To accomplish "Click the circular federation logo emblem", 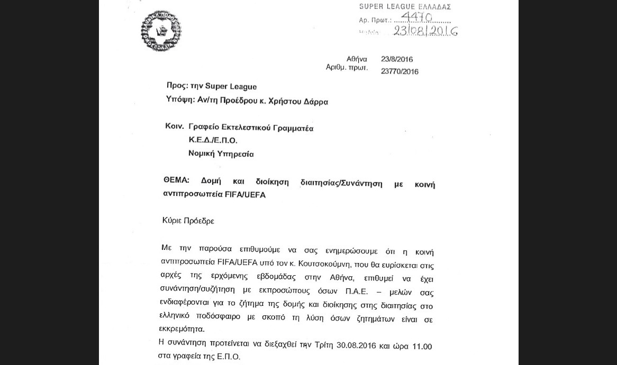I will (161, 31).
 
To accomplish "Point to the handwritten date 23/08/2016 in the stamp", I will (425, 31).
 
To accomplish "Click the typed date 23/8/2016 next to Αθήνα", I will (396, 59).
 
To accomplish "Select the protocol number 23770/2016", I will (400, 71).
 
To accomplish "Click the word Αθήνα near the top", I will (357, 59).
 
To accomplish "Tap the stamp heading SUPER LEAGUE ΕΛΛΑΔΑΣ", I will (405, 7).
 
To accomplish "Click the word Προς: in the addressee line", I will (177, 86).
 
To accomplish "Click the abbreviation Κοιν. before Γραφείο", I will (174, 127).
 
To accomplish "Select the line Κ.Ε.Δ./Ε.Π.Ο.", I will (213, 141).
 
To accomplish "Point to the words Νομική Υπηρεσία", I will (221, 154).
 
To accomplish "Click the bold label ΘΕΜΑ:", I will (176, 181).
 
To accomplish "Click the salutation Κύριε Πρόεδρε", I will (188, 221).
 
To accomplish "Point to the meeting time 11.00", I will (422, 347).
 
